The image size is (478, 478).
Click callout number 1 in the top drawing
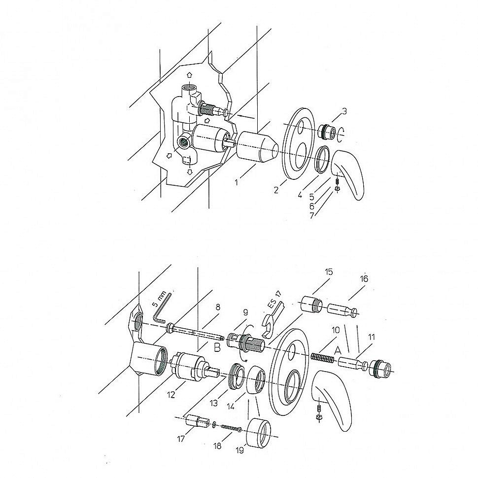point(236,182)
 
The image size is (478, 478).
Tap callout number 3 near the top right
point(344,111)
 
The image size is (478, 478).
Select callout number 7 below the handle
point(311,215)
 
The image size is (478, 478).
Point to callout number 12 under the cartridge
point(171,394)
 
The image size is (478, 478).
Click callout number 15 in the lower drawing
point(329,272)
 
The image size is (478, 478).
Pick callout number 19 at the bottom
point(240,450)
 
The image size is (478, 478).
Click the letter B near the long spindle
point(217,347)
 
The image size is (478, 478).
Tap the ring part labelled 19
point(258,433)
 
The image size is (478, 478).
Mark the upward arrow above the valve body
point(189,75)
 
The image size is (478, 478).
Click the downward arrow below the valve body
point(190,172)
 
